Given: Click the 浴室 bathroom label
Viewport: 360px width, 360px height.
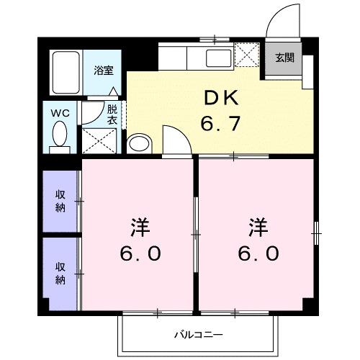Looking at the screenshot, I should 103,71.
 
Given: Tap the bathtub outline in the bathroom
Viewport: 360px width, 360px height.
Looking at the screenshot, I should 66,73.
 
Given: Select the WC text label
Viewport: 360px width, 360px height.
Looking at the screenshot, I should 59,113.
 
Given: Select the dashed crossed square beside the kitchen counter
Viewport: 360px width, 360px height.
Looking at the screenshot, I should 248,55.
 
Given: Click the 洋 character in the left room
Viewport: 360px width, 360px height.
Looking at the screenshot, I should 140,228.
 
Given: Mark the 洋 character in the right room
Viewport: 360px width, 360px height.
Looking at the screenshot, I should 258,228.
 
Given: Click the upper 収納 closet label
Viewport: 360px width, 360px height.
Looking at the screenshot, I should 61,202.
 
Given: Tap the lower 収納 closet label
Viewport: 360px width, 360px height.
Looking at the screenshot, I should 61,273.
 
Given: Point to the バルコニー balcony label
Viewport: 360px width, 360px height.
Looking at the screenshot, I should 197,335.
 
